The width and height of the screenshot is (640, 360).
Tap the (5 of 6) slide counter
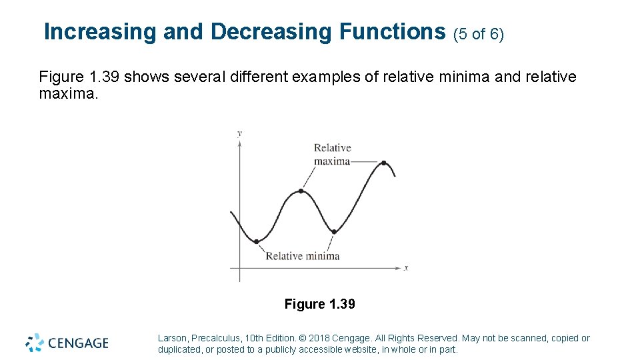point(478,33)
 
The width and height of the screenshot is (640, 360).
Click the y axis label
point(239,133)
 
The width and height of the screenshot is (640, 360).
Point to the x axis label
point(406,268)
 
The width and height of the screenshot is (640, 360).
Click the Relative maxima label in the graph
point(332,155)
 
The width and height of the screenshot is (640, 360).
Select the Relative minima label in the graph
point(303,256)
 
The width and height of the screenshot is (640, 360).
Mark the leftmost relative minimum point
point(256,241)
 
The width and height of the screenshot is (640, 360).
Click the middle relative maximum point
point(301,191)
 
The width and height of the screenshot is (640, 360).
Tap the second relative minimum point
point(335,232)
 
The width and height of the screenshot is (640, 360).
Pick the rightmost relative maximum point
point(384,163)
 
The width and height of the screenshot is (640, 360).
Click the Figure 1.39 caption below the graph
point(319,305)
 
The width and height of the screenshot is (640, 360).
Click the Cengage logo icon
point(35,343)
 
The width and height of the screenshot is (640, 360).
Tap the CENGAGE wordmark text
point(77,343)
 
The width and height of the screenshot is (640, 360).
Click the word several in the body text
point(197,77)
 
